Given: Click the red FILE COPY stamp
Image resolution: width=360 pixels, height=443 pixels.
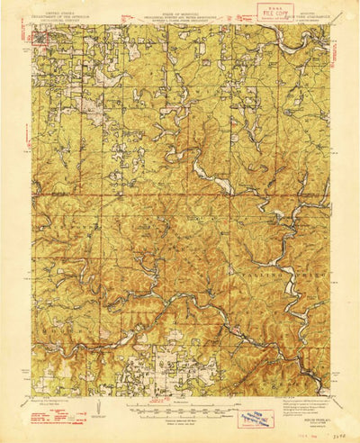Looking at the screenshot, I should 274,13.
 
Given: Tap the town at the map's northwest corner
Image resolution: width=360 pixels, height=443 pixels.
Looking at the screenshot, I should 40,37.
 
